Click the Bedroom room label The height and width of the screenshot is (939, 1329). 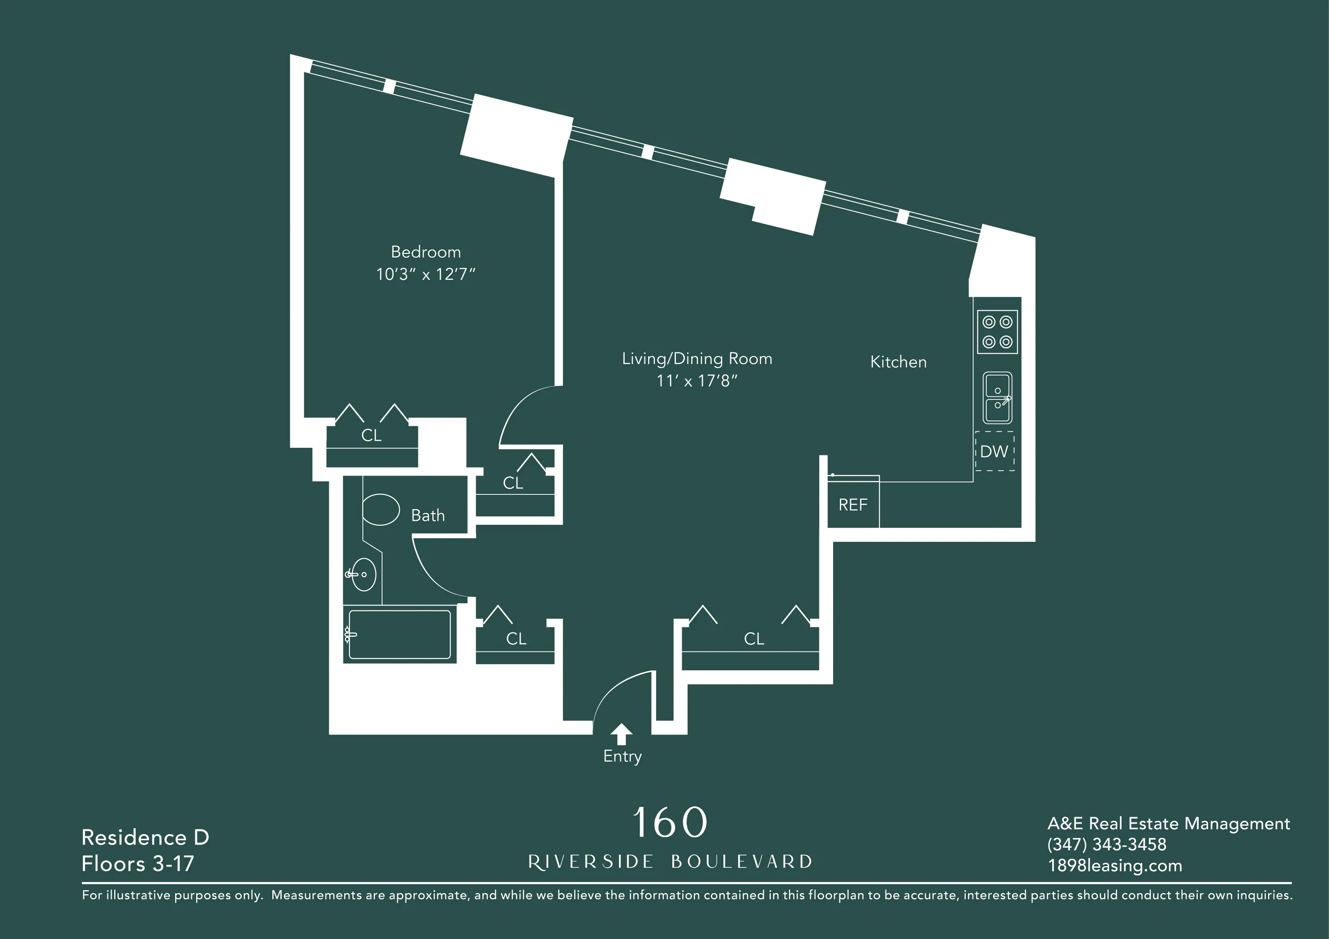point(426,252)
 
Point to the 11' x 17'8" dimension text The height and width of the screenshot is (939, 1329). point(697,381)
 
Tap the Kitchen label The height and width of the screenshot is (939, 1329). point(899,362)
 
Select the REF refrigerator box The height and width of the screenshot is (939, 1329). point(852,505)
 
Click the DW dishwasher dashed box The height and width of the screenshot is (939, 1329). point(994,451)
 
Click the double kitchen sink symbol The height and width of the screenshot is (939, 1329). point(998,398)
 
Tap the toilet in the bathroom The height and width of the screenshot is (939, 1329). point(380,510)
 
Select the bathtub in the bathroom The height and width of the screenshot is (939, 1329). point(400,634)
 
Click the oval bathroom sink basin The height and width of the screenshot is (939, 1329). point(365,575)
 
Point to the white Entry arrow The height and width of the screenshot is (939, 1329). point(621,733)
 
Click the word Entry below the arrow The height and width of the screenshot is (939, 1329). point(622,756)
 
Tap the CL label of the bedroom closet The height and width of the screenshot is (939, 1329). point(372,436)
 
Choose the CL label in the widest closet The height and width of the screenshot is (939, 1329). point(754,639)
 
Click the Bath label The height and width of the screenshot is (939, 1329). point(428,515)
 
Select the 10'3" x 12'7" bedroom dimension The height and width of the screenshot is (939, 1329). point(426,274)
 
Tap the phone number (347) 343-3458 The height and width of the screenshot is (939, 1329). point(1107,844)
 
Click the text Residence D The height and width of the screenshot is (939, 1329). point(145,837)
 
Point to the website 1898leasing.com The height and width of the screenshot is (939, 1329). point(1115,866)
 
